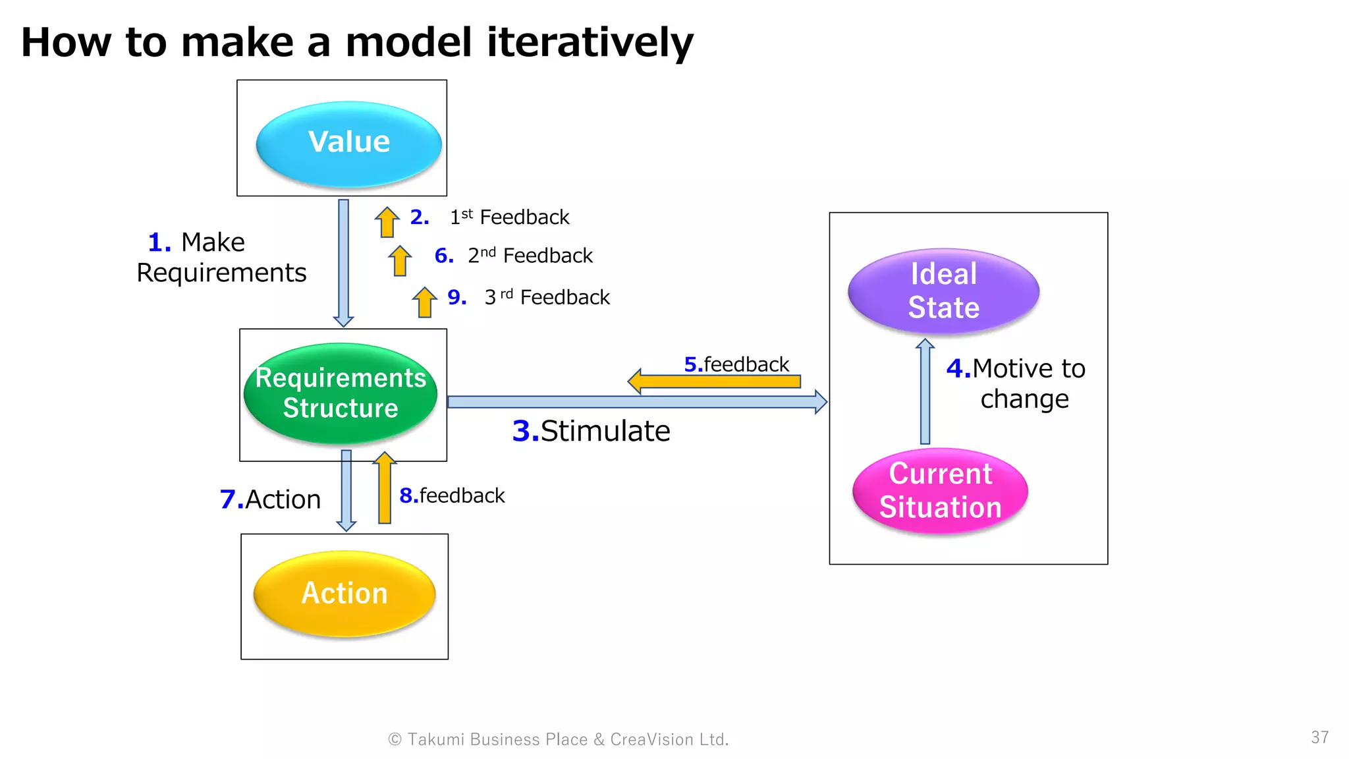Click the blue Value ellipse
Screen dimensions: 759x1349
click(348, 144)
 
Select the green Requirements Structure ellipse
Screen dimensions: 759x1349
click(341, 393)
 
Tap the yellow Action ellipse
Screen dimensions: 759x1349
click(344, 593)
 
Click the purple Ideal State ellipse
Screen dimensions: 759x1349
click(943, 291)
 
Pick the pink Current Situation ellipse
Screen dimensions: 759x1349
click(940, 491)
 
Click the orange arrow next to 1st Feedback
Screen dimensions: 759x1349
click(387, 223)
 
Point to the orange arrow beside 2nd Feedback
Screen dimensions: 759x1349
click(400, 261)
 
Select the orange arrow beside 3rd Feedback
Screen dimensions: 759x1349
click(425, 302)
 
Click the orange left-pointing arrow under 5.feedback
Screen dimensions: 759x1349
click(715, 381)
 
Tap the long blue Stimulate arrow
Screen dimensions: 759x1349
click(632, 402)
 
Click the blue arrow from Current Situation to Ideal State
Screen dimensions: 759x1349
click(925, 392)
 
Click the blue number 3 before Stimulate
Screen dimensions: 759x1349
click(525, 432)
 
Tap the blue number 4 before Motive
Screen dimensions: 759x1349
click(958, 368)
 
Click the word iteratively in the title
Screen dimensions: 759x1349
click(590, 42)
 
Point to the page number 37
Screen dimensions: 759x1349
click(1319, 737)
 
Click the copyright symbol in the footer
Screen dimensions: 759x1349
click(395, 739)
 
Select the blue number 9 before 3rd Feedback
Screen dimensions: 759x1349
click(456, 298)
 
